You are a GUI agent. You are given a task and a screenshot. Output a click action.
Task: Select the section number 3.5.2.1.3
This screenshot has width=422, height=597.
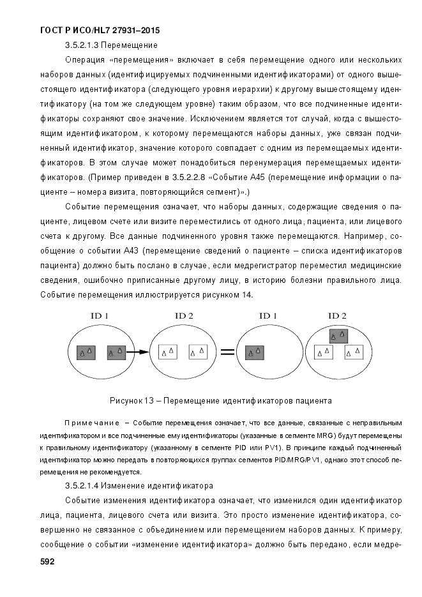tap(82, 45)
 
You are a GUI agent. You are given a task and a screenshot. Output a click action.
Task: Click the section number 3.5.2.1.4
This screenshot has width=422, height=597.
tap(82, 486)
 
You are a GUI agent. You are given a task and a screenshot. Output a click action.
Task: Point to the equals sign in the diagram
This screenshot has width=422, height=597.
tap(228, 351)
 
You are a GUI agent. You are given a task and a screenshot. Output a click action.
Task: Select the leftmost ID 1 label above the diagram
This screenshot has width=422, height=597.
tap(98, 316)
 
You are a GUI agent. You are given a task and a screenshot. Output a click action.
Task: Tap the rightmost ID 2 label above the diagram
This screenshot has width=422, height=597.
tap(336, 316)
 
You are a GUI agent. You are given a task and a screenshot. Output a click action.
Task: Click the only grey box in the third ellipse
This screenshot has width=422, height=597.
tap(256, 351)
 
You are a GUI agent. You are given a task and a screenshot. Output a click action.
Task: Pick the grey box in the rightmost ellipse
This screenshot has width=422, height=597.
tap(338, 335)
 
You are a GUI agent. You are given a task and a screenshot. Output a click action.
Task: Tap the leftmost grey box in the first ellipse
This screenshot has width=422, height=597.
tap(86, 351)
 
